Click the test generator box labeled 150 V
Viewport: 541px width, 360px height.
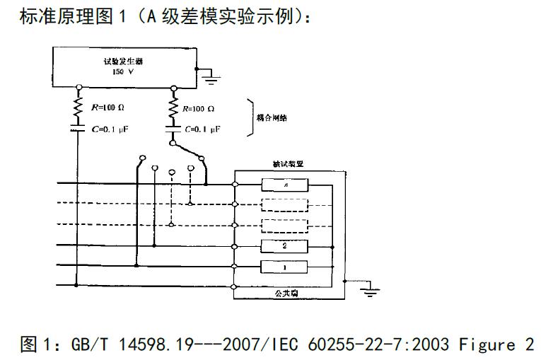[124, 66]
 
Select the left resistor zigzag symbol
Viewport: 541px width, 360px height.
[78, 109]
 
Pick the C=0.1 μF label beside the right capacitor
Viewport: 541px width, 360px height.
[204, 129]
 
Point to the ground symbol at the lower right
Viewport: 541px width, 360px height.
[367, 290]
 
